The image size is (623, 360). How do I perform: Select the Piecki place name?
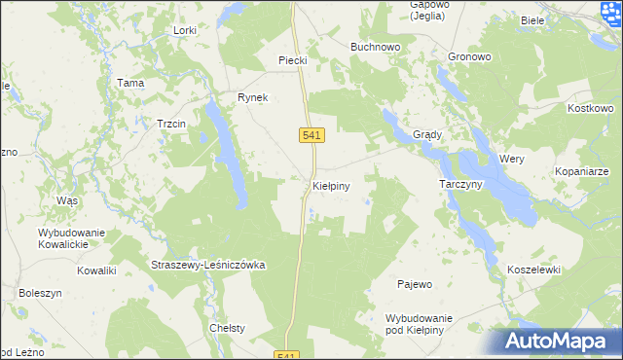click(293, 60)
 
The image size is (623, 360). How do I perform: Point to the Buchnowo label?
click(375, 46)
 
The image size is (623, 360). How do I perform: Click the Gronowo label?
click(469, 56)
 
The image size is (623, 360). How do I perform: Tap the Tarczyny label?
click(460, 184)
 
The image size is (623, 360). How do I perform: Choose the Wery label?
click(512, 158)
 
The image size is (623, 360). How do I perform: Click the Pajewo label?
click(415, 284)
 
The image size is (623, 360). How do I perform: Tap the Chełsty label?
click(227, 328)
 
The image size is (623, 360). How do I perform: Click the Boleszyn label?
click(40, 292)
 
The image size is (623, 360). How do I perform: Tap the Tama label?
click(130, 83)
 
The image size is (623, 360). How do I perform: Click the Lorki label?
click(184, 30)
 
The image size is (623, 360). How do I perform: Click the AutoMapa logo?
click(561, 342)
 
